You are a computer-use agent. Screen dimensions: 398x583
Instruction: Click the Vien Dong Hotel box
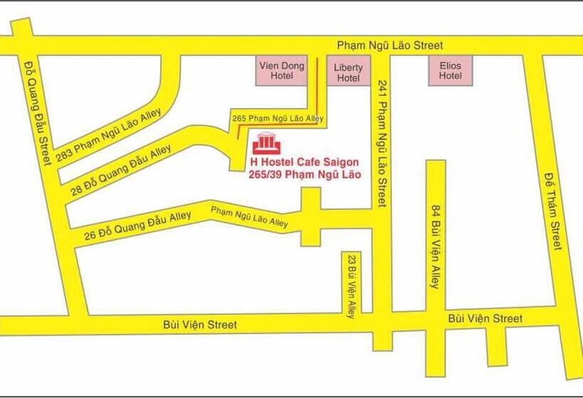click(x=281, y=71)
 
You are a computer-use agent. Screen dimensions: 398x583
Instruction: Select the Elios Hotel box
click(x=450, y=70)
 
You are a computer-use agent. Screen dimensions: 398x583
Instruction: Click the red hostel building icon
click(x=267, y=143)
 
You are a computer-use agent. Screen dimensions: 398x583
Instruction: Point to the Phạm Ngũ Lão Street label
click(x=390, y=45)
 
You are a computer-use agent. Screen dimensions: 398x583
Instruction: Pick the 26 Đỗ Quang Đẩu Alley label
click(x=137, y=225)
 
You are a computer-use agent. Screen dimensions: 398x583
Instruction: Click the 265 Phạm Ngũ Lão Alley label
click(x=278, y=118)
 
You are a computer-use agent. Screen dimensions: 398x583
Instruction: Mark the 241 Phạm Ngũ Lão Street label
click(x=382, y=143)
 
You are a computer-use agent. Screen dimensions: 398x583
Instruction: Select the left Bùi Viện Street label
click(x=199, y=324)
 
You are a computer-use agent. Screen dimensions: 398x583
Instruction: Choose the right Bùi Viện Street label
click(x=485, y=318)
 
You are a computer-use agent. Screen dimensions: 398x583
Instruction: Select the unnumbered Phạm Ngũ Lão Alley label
click(x=249, y=216)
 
